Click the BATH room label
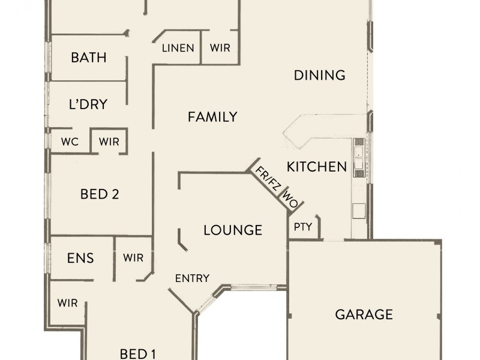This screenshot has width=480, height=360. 88,58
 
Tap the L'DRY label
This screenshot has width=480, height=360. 88,104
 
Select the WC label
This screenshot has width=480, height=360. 70,142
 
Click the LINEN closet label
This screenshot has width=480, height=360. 178,48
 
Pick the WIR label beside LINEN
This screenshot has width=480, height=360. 220,48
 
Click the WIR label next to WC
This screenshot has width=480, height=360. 109,142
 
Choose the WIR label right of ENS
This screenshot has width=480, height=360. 133,258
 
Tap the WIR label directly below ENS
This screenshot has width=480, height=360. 68,303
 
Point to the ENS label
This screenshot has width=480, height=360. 80,258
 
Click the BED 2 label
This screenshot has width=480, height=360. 100,194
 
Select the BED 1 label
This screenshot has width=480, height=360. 138,353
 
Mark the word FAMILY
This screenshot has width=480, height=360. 212,117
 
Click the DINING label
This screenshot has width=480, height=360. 320,75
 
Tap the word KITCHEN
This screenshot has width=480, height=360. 316,167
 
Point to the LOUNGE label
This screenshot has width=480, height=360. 233,230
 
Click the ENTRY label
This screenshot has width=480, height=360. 192,278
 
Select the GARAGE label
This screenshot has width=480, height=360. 364,314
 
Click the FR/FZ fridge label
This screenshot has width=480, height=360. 268,178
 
